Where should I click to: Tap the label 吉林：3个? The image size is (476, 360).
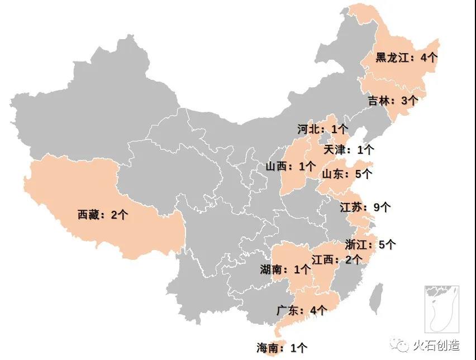click(392, 101)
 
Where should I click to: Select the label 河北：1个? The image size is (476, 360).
click(322, 129)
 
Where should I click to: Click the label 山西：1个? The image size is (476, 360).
click(291, 166)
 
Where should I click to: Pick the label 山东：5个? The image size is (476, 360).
click(346, 174)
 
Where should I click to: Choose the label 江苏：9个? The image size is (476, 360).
click(365, 207)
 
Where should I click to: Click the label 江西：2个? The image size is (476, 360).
click(336, 259)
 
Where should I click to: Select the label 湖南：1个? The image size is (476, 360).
click(285, 269)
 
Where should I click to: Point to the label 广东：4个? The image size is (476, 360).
click(302, 310)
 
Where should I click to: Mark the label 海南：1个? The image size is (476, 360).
click(282, 348)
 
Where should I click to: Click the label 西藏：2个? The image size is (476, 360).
click(103, 214)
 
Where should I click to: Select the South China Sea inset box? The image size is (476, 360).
click(441, 309)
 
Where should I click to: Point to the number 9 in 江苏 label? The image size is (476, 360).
click(377, 207)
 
